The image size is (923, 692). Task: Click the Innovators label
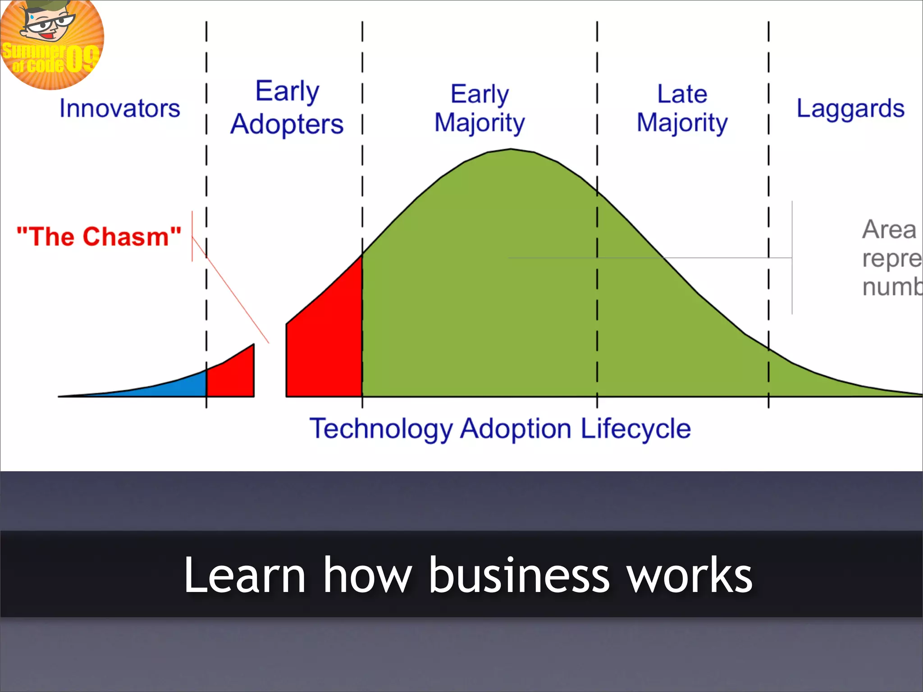119,109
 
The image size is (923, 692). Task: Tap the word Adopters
287,124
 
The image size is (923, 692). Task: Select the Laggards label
850,109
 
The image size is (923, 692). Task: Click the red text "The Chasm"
99,237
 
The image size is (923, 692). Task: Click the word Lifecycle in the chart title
635,428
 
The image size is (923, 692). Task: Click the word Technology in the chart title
381,428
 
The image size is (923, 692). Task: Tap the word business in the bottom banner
519,575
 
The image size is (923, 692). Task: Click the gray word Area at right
889,230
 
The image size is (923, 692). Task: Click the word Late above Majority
682,94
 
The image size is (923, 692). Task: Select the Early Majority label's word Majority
480,123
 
